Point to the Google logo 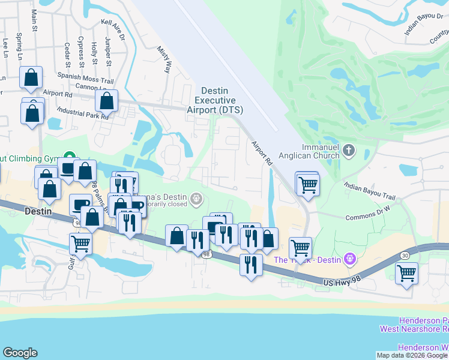(20, 353)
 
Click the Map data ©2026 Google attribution (412, 355)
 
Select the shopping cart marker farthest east (407, 274)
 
